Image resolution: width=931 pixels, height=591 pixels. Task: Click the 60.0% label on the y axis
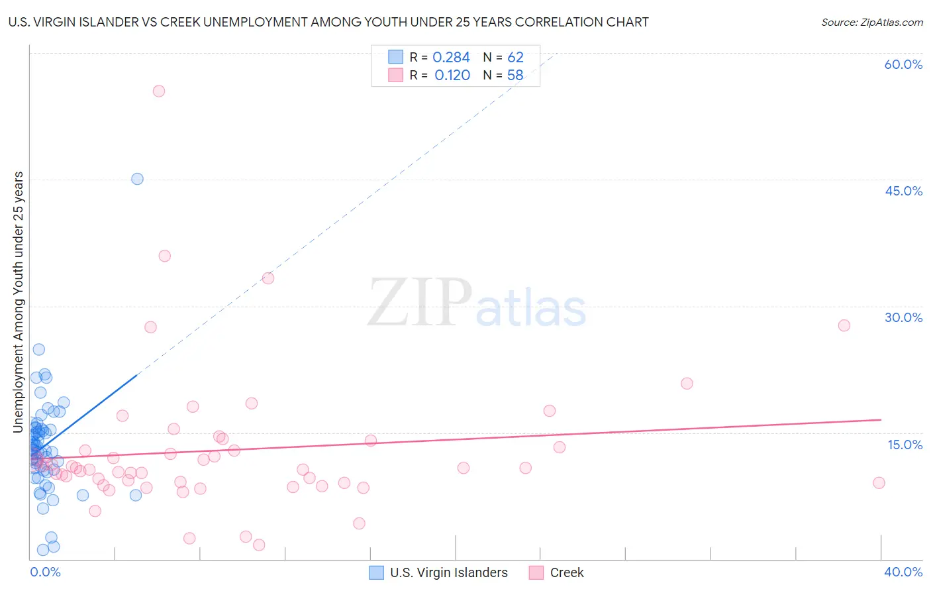pos(903,64)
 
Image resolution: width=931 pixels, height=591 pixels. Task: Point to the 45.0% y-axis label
pos(903,191)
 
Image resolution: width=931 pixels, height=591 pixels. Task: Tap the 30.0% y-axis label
pos(903,317)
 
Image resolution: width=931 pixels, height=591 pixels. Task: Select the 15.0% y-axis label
pos(905,445)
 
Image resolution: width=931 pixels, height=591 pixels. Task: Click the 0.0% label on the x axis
pos(45,572)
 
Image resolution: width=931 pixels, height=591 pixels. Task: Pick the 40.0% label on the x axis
pos(903,572)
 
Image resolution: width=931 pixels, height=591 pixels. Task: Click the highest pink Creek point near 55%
pos(159,91)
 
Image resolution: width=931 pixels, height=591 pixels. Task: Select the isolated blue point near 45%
pos(137,179)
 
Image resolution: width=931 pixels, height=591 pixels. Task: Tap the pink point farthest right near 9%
pos(879,483)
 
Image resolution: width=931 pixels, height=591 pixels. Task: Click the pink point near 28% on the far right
pos(844,325)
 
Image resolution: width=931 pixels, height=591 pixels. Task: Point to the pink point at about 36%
pos(165,256)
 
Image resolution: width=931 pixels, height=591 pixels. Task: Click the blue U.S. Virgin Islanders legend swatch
pos(376,572)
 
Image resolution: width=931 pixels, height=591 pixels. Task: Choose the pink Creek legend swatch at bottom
pos(536,572)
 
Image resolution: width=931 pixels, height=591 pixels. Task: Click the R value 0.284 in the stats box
pos(451,58)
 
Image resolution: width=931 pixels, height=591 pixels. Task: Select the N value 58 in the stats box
pos(515,76)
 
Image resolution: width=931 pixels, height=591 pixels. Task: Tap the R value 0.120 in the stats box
pos(452,76)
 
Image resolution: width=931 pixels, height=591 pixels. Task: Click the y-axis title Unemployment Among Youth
pos(19,301)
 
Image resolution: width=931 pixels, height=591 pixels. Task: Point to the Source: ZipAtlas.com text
pos(871,23)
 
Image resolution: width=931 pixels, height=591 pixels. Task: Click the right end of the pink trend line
pos(881,419)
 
